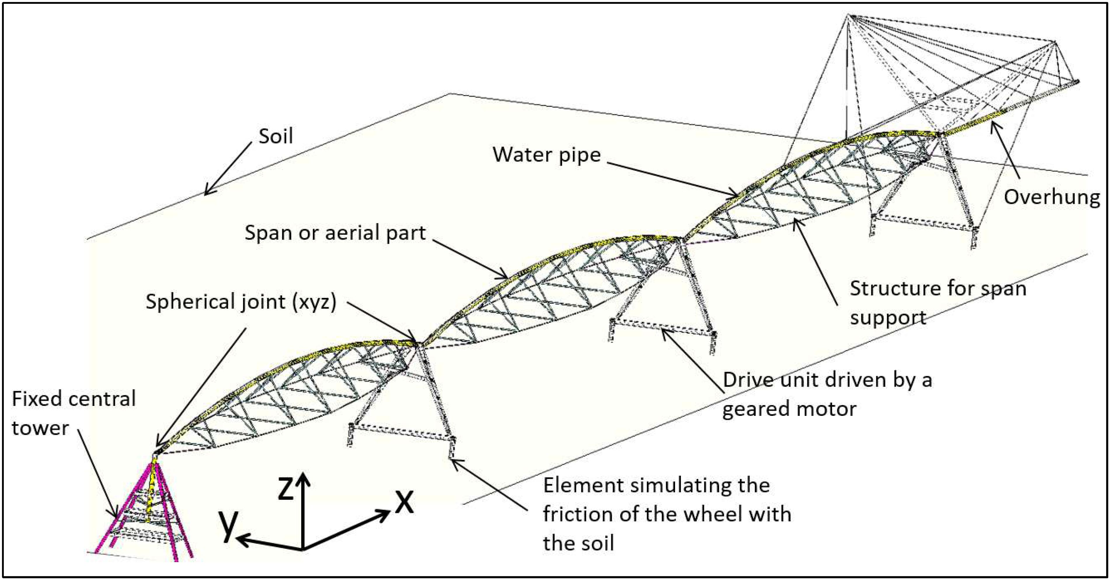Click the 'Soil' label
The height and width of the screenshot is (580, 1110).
point(276,136)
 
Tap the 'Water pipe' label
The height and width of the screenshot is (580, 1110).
point(546,154)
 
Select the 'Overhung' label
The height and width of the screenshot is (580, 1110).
point(1051,197)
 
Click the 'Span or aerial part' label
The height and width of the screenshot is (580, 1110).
point(335,233)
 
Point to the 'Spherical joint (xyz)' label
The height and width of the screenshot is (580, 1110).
point(241,301)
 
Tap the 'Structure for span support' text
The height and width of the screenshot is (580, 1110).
point(938,303)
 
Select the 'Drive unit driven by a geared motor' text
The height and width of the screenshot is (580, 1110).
point(827,394)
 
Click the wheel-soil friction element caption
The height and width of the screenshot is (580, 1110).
point(667,514)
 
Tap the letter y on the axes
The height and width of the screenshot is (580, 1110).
point(228,525)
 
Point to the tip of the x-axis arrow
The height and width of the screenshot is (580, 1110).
point(390,511)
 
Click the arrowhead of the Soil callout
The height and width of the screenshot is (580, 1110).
point(205,194)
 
